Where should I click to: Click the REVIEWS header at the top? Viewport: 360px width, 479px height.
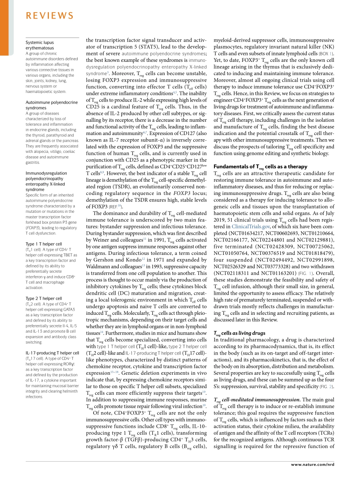pos(50,16)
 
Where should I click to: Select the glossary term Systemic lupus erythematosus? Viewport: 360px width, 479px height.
pos(40,45)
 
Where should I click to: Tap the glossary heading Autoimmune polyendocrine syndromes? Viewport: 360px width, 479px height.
pos(52,105)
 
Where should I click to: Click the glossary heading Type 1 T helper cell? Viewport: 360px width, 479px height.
pos(44,244)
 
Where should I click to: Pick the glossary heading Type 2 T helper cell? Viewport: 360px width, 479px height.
pos(44,298)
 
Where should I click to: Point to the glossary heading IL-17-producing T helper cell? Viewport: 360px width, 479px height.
pos(52,353)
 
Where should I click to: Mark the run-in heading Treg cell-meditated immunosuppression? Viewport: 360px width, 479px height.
pos(257,399)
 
